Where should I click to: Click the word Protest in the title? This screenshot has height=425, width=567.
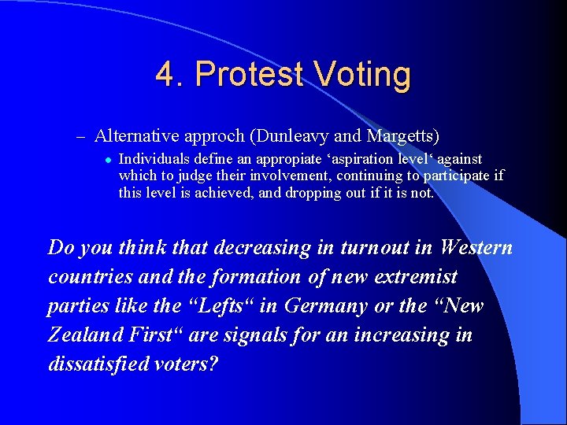pyautogui.click(x=249, y=75)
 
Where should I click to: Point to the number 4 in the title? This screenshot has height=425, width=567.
pyautogui.click(x=166, y=75)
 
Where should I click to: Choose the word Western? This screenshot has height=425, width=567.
pyautogui.click(x=476, y=248)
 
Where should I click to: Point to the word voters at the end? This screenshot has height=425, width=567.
pyautogui.click(x=191, y=364)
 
